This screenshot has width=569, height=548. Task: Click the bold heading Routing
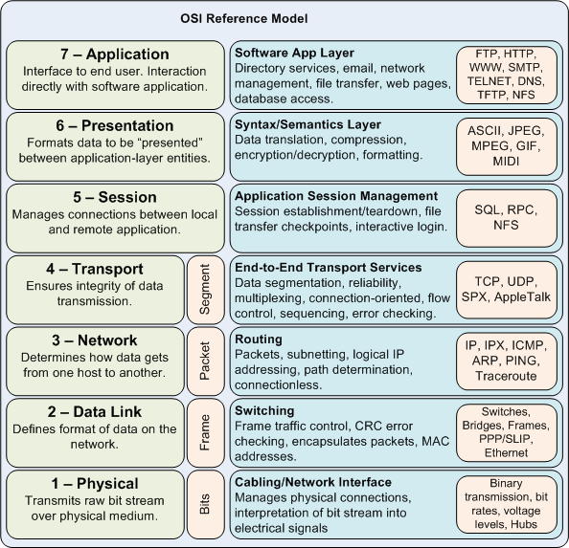(259, 339)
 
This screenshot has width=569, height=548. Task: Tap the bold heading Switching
(264, 409)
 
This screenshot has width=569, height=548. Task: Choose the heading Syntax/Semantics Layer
(307, 124)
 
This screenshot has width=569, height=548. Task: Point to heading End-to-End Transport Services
(328, 267)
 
